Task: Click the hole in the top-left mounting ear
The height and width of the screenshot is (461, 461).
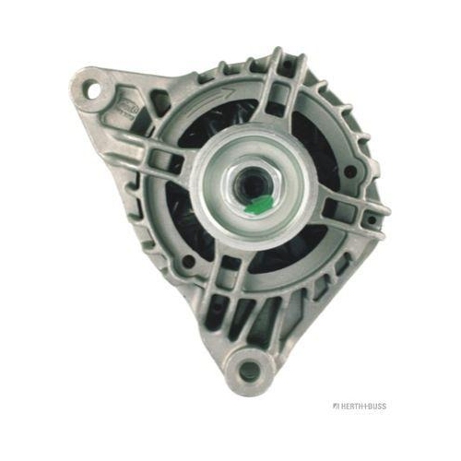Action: pyautogui.click(x=93, y=89)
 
